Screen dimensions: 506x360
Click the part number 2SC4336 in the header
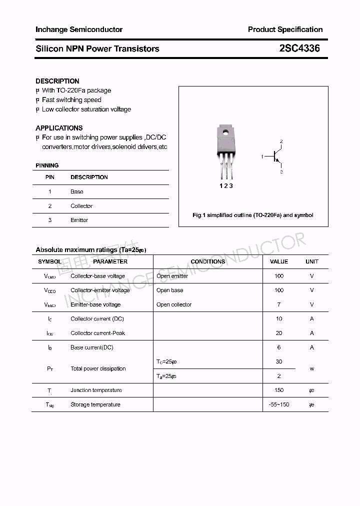point(299,48)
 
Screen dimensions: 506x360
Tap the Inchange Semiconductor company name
point(79,29)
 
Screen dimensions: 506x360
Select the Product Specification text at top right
point(285,29)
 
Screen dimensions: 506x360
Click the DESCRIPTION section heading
point(57,81)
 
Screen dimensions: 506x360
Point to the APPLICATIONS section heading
point(59,128)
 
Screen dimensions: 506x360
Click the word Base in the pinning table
point(77,191)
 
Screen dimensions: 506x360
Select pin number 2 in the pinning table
point(50,206)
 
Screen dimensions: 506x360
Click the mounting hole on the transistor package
point(225,133)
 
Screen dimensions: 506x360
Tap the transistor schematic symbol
point(274,157)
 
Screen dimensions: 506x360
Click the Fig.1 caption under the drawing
point(253,215)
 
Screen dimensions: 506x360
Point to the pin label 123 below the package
point(226,185)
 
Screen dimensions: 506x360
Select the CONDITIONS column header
point(208,261)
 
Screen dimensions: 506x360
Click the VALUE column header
point(279,261)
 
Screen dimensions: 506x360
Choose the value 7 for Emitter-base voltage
point(279,304)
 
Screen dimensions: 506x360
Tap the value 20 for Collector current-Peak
point(279,333)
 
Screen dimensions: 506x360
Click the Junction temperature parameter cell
point(96,390)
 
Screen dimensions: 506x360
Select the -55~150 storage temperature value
point(279,404)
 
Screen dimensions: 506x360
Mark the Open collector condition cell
point(174,304)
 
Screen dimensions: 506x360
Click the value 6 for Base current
point(279,347)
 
